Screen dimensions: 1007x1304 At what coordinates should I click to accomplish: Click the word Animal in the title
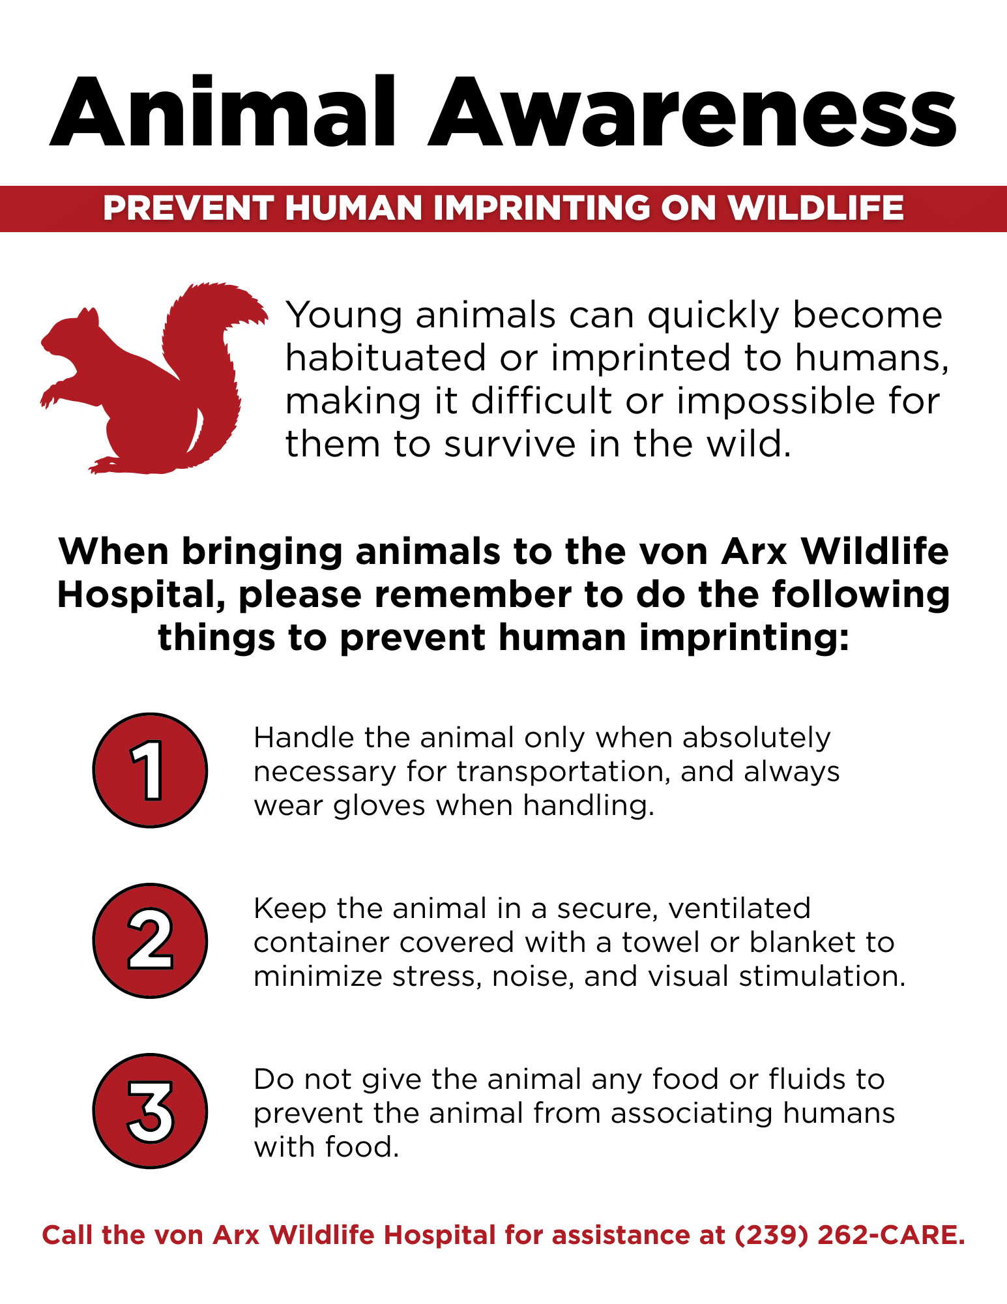pyautogui.click(x=222, y=113)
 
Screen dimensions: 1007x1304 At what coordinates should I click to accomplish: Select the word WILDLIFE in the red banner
pyautogui.click(x=815, y=209)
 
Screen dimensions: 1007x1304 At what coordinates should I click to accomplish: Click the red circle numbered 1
pyautogui.click(x=151, y=770)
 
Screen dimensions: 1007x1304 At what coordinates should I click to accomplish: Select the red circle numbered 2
pyautogui.click(x=151, y=940)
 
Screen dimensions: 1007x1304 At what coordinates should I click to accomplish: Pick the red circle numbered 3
pyautogui.click(x=151, y=1111)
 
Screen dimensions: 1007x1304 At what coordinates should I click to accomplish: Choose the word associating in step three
pyautogui.click(x=692, y=1114)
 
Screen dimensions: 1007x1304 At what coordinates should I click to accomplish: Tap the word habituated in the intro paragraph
pyautogui.click(x=387, y=358)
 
